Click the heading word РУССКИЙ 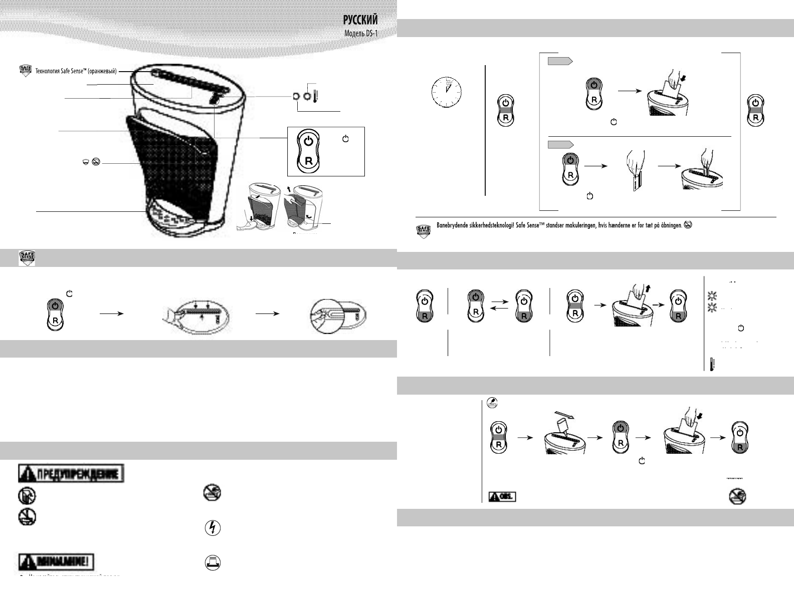click(360, 20)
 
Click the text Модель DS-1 click(361, 34)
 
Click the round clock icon click(446, 93)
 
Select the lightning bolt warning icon click(213, 528)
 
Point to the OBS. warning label click(502, 496)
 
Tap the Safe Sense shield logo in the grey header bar click(28, 257)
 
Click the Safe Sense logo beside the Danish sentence click(424, 231)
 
